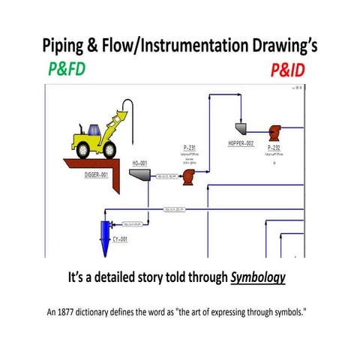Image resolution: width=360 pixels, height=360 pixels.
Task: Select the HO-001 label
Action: coord(139,163)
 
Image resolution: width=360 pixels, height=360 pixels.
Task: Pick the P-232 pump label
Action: coord(274,148)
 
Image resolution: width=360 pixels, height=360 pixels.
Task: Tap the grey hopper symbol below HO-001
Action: coord(140,174)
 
